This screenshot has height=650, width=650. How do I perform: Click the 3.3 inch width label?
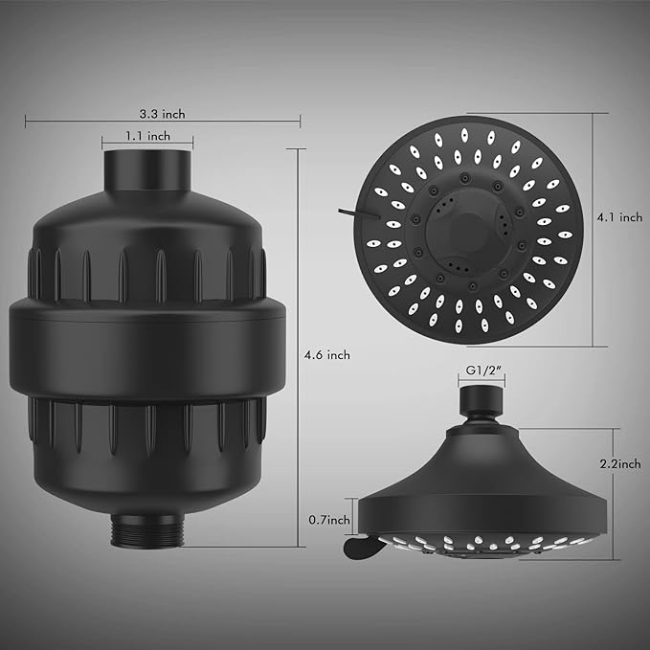click(x=163, y=114)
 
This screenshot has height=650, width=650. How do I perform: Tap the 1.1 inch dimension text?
click(x=147, y=136)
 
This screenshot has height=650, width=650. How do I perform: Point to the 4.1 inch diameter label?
click(x=619, y=218)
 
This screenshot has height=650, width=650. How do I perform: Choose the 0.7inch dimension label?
click(x=329, y=520)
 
